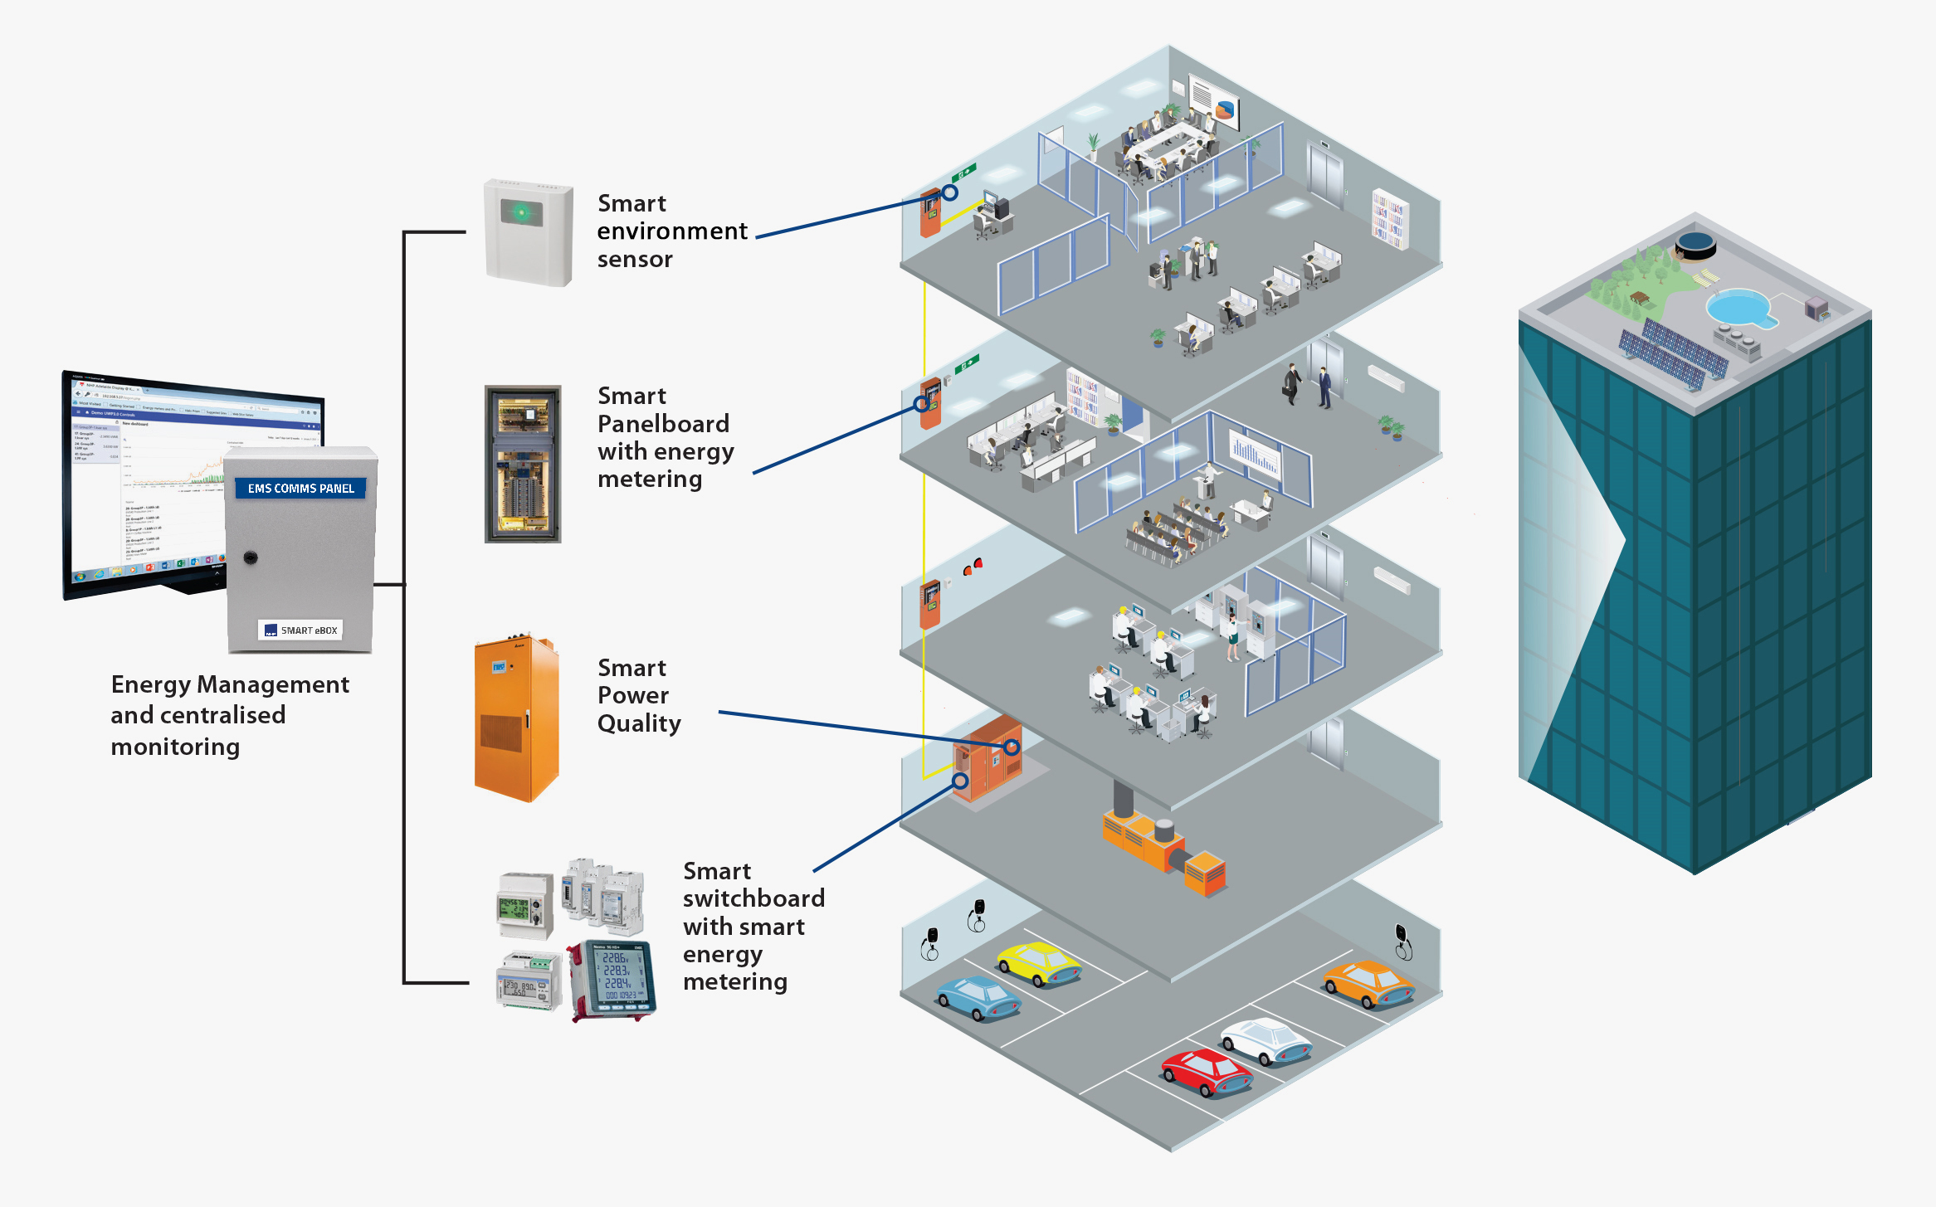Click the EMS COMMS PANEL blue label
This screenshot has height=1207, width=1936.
[300, 488]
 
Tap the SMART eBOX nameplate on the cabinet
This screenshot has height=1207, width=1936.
[300, 630]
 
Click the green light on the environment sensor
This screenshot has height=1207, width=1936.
[521, 213]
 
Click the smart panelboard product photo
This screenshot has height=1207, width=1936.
[523, 464]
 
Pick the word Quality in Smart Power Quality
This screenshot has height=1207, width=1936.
[639, 723]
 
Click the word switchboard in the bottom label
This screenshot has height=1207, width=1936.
[753, 898]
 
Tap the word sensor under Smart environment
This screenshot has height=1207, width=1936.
[635, 260]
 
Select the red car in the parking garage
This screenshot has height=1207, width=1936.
[1206, 1073]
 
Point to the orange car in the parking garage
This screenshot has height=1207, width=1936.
[1368, 984]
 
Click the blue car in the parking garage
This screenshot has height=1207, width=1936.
[978, 998]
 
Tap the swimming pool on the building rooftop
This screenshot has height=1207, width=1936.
[1739, 308]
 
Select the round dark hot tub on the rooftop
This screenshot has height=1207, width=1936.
[1695, 244]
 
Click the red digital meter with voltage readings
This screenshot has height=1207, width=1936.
[615, 980]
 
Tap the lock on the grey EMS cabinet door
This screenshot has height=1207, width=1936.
[251, 557]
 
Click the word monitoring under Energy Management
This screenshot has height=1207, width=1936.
[175, 747]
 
